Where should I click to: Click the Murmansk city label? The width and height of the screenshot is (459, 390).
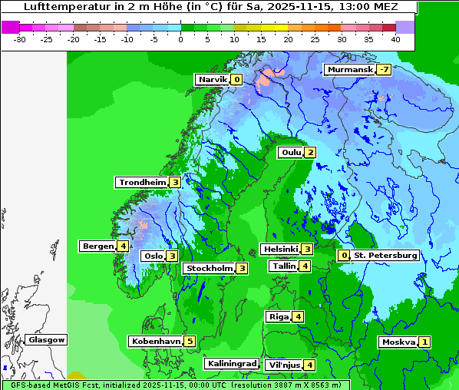pos(350,70)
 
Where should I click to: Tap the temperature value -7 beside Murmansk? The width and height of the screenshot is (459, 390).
pos(384,70)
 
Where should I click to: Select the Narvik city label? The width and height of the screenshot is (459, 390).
pos(213,80)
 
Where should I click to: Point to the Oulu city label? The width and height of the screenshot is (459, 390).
pos(291,153)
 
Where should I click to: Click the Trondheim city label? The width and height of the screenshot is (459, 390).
pos(142,183)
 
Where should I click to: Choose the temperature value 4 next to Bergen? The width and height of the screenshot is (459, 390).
pos(123,246)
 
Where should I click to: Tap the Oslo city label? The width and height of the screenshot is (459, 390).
pos(153,256)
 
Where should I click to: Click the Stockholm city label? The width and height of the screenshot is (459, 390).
pos(208,269)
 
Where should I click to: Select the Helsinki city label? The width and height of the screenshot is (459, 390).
pos(280,250)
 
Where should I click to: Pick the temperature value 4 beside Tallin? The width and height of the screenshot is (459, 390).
pos(305,266)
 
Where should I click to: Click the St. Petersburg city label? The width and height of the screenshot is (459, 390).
pos(385,256)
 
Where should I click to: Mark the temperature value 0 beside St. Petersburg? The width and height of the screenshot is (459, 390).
pos(344,256)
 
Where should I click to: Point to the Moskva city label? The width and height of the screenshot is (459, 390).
pos(398,342)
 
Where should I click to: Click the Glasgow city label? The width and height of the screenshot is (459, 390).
pos(46,340)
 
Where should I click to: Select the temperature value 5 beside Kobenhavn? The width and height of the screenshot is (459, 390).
pos(190,342)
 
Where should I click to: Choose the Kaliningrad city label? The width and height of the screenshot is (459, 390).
pos(231,364)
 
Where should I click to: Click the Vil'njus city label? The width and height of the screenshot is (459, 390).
pos(283,365)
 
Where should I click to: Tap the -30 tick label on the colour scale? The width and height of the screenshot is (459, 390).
pos(20,39)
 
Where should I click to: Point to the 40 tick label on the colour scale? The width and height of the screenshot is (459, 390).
pos(395,39)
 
